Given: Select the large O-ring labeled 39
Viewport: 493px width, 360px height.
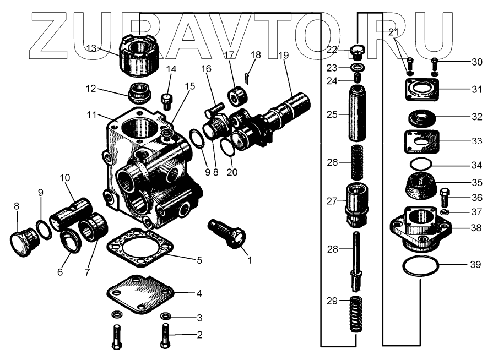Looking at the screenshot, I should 420,266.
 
